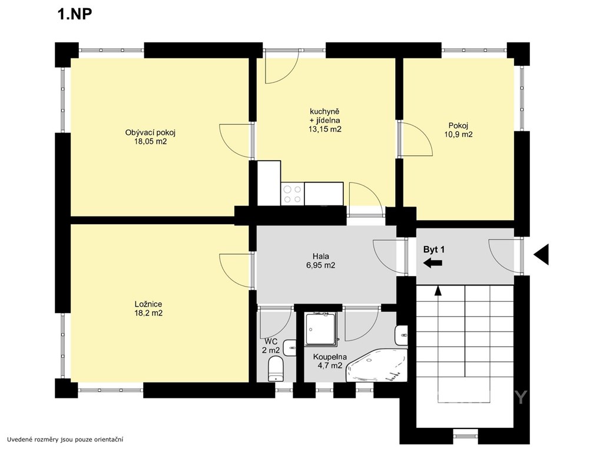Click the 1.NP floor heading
(x=75, y=15)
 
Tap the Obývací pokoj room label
(x=150, y=132)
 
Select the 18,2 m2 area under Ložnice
(x=148, y=313)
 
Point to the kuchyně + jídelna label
(x=325, y=116)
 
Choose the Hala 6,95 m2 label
(x=321, y=261)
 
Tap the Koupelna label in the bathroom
(x=330, y=357)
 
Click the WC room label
(x=271, y=341)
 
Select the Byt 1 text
(x=434, y=250)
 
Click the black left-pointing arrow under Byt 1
(x=433, y=263)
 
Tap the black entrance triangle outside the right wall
(x=541, y=254)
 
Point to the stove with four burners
(x=293, y=194)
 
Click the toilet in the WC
(x=276, y=368)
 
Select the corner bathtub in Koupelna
(x=377, y=365)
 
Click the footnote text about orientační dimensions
(x=65, y=439)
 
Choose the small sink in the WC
(x=289, y=348)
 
